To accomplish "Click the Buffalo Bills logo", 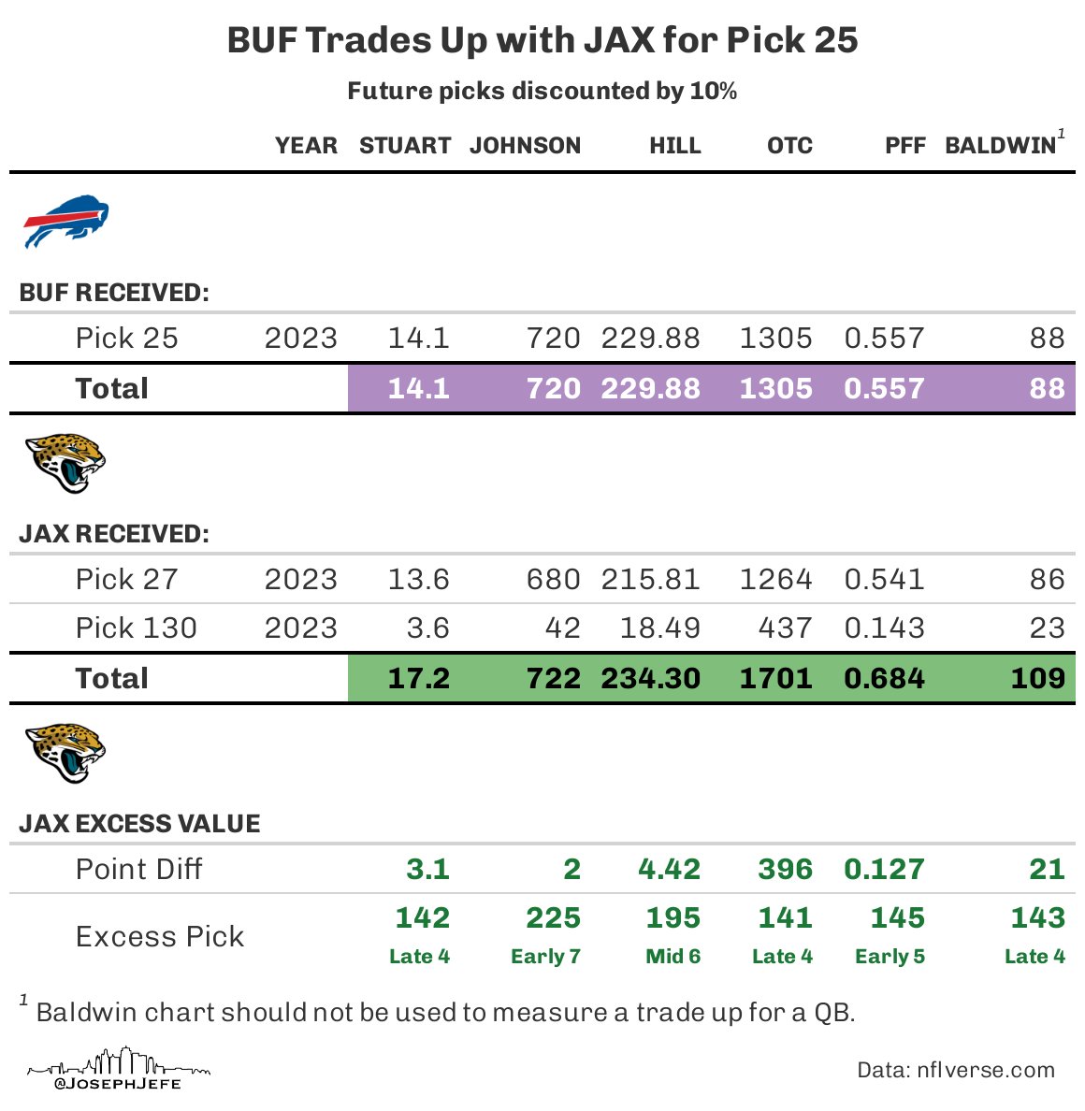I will click(65, 221).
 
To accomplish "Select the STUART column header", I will click(405, 146).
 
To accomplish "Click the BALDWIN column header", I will click(1000, 146).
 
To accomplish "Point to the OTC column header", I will click(789, 146).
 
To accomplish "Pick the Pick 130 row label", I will click(137, 628).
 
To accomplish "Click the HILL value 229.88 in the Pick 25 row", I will click(650, 339).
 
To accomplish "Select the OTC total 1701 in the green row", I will click(775, 678).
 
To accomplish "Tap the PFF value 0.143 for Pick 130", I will click(884, 628).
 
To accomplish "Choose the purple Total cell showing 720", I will click(553, 388).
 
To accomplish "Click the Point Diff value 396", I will click(785, 869).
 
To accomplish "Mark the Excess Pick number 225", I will click(553, 918).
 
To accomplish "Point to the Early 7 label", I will click(545, 957).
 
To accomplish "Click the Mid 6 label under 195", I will click(673, 957).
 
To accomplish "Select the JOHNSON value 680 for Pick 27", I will click(553, 580).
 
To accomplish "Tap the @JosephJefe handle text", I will click(118, 1084).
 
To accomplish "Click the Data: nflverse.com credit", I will click(956, 1071).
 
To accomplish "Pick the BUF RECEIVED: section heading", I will click(114, 293).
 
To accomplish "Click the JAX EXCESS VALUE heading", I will click(139, 824).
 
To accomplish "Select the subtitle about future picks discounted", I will click(542, 92).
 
